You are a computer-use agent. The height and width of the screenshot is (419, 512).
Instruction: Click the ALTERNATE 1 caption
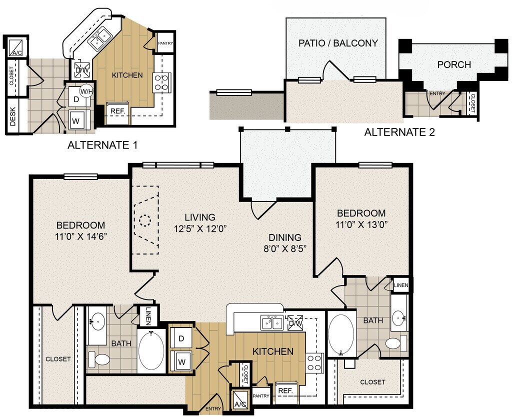point(102,145)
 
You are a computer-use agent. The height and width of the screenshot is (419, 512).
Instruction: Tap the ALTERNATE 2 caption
point(399,132)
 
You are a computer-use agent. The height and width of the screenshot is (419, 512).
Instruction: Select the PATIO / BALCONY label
point(338,43)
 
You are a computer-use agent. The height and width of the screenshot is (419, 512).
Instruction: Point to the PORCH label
point(454,64)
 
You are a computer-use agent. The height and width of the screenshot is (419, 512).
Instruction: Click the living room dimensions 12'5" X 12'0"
point(200,228)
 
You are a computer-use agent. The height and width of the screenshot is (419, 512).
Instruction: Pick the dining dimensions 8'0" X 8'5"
point(284,248)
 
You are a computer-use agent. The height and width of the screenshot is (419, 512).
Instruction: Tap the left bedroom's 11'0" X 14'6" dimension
point(81,236)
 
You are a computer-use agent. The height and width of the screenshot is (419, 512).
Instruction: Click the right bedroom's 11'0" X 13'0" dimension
point(361,224)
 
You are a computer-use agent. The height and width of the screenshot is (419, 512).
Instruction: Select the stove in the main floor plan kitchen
point(314,363)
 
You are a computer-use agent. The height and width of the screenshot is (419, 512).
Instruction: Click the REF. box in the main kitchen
point(285,390)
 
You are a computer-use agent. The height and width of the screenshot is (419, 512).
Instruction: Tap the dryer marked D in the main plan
point(181,338)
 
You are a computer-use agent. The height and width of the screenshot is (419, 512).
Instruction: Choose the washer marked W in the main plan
point(181,361)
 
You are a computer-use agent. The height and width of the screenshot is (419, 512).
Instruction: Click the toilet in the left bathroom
point(99,359)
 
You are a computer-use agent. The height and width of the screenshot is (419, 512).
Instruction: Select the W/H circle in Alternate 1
point(86,91)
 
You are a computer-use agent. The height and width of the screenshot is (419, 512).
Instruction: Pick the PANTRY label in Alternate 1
point(165,43)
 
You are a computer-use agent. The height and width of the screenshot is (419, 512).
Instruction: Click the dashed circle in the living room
point(144,221)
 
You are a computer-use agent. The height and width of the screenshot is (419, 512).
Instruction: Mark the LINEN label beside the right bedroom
point(401,285)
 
